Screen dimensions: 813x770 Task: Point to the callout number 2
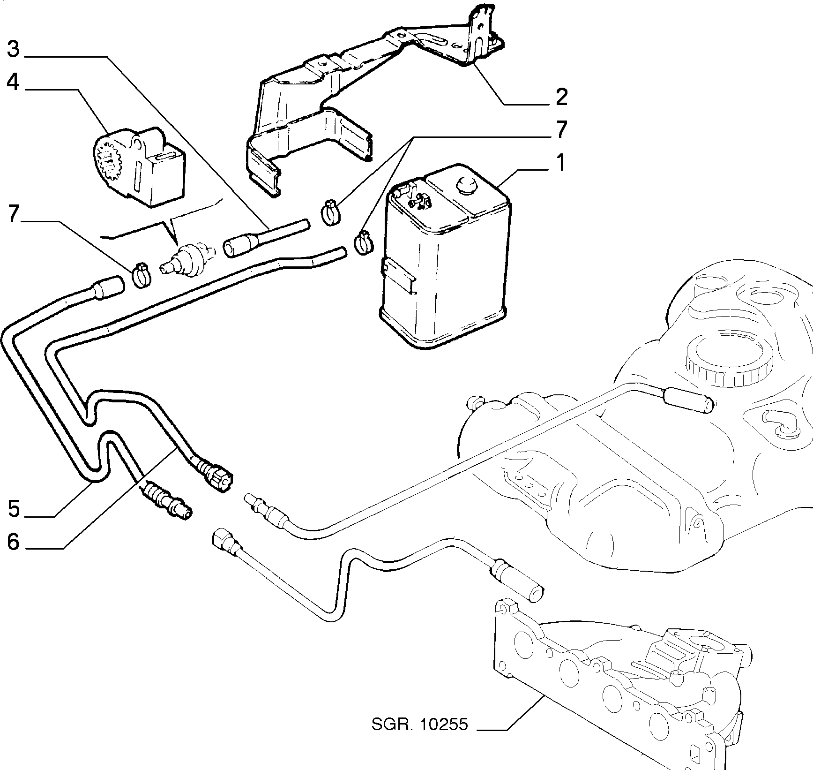[x=561, y=97]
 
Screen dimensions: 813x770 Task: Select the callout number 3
[x=13, y=49]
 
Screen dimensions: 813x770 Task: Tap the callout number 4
[x=13, y=83]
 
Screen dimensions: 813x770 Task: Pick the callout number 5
[x=14, y=508]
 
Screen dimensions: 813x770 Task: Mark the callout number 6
[x=14, y=542]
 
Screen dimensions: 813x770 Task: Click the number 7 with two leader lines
[x=561, y=130]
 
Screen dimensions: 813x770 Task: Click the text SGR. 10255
[x=420, y=738]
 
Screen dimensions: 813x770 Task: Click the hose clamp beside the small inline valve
[x=142, y=274]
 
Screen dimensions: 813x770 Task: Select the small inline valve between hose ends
[x=187, y=259]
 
